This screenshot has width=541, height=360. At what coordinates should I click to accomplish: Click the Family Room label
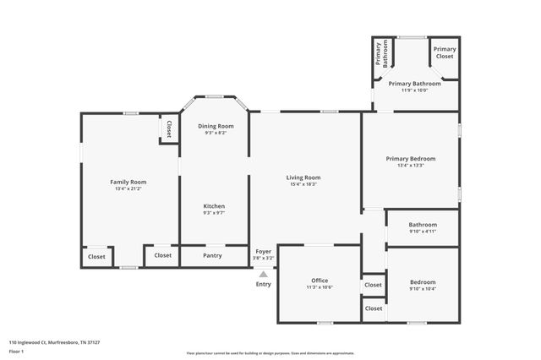pos(128,182)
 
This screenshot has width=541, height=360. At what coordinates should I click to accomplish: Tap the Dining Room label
pos(216,126)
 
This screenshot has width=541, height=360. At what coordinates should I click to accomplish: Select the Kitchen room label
pos(214,206)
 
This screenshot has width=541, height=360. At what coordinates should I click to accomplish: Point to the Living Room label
pos(303,177)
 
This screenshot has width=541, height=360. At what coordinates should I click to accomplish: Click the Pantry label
pos(213,255)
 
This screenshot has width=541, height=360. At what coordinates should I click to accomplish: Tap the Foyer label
pos(264,251)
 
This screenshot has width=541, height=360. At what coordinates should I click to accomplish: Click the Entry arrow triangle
pos(264,274)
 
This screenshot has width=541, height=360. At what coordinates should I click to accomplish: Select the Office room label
pos(319,281)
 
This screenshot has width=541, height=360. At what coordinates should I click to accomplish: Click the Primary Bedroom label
pos(410,159)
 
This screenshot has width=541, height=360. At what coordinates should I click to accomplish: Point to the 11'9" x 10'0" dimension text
pos(414,91)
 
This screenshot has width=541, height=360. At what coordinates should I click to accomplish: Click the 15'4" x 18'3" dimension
pos(303,184)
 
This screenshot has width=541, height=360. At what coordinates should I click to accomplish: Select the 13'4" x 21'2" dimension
pos(128,188)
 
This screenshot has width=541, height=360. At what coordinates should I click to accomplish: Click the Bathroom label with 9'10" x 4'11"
pos(423,225)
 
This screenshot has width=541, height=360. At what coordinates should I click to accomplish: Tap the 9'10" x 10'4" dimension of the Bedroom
pos(423,289)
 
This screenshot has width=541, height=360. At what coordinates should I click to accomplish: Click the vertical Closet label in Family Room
pos(169,128)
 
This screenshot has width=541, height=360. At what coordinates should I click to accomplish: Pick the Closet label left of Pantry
pos(162,255)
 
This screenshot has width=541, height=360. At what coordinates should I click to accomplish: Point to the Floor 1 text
pos(16,350)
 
